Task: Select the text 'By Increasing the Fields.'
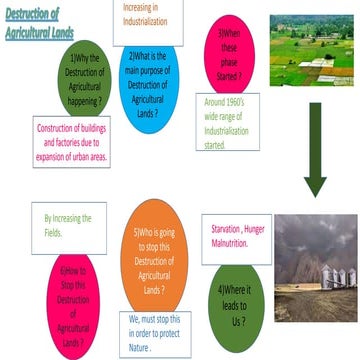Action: click(x=68, y=224)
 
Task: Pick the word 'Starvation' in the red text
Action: click(x=226, y=228)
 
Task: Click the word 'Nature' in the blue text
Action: click(x=140, y=335)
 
